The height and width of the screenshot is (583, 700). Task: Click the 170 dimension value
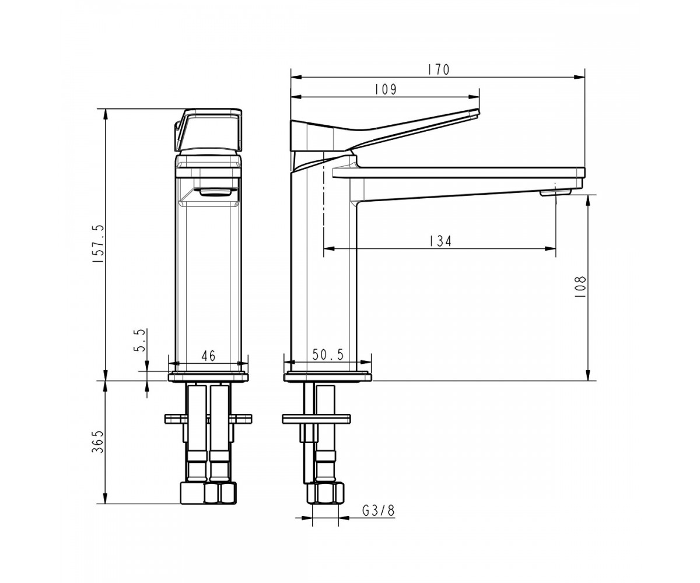tap(439, 70)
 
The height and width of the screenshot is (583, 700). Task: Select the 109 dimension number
tap(386, 89)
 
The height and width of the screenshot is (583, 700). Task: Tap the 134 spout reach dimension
tap(440, 241)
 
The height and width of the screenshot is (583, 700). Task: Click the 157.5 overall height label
tap(100, 243)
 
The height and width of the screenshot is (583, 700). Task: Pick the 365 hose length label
tap(97, 442)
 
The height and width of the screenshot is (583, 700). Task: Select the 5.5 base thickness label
tap(140, 340)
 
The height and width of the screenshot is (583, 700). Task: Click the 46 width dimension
tap(208, 356)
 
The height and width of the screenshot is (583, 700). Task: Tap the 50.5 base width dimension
tap(328, 354)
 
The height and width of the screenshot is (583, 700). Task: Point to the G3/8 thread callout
tap(379, 511)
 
